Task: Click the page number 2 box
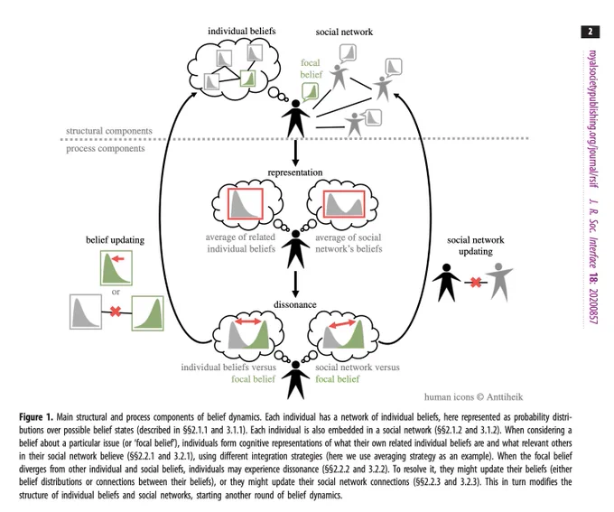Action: pos(591,32)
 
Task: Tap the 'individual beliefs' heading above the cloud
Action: pos(242,31)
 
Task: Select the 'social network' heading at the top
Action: pos(344,32)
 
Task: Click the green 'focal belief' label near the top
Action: pos(311,69)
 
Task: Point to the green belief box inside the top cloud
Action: pos(247,79)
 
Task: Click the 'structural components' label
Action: pos(109,131)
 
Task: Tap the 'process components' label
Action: pos(106,148)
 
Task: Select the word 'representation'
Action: pos(295,172)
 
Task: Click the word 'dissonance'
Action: pos(295,304)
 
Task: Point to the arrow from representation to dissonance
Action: pos(295,284)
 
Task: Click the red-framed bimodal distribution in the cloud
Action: pos(344,204)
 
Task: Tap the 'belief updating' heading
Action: pos(116,239)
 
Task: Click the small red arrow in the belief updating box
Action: pos(118,258)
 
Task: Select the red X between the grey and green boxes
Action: pos(116,312)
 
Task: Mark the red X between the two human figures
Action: pos(476,282)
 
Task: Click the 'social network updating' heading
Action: pos(475,246)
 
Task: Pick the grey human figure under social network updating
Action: pos(498,282)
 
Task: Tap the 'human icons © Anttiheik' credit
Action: pos(473,397)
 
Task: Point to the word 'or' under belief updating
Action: pos(116,292)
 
